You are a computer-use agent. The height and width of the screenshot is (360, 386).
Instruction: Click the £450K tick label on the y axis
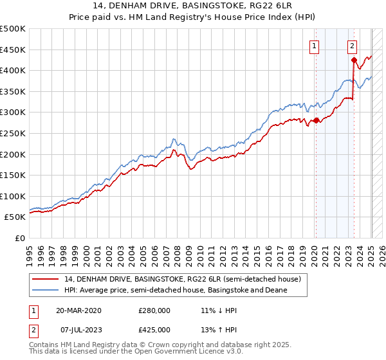(x=13, y=50)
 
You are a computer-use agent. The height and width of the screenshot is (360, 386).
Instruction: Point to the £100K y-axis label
(x=13, y=196)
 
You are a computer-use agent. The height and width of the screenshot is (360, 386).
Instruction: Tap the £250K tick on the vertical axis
(x=13, y=133)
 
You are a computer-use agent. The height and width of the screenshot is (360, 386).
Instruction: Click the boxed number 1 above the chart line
(x=315, y=46)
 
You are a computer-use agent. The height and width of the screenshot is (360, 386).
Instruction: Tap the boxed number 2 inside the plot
(x=353, y=46)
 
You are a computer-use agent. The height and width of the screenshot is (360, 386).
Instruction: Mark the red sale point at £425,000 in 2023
(x=354, y=60)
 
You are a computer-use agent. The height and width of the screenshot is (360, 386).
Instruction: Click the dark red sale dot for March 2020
(x=317, y=120)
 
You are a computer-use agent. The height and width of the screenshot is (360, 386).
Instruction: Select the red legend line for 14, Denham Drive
(x=46, y=279)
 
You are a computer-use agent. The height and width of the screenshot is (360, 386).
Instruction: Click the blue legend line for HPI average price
(x=46, y=290)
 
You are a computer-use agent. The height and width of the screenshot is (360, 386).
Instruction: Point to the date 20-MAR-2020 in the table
(x=78, y=310)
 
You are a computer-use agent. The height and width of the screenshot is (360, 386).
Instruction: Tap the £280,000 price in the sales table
(x=154, y=310)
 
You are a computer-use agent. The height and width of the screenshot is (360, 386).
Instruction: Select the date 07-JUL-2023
(x=78, y=330)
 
